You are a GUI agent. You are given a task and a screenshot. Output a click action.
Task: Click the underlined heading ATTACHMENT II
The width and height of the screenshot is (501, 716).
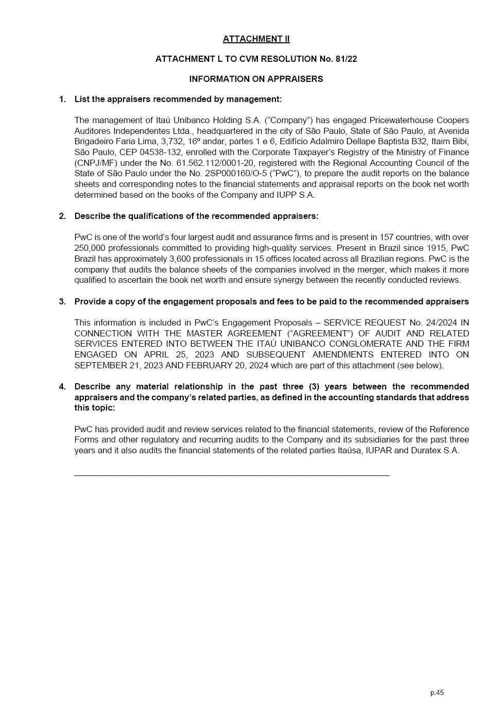click(x=256, y=39)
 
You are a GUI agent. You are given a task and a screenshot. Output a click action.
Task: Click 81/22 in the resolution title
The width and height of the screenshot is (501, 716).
click(x=345, y=59)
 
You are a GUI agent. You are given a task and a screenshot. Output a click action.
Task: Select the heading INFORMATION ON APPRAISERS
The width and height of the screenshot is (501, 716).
click(x=256, y=79)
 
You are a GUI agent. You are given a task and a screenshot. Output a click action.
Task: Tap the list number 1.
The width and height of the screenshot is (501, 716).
click(x=62, y=99)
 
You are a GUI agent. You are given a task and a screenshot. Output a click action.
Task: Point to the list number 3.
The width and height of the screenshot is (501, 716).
click(x=62, y=301)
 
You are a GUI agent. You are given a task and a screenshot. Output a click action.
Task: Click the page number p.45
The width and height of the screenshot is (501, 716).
click(x=437, y=692)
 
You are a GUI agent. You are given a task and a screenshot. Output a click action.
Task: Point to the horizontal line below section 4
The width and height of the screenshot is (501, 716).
click(x=232, y=475)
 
